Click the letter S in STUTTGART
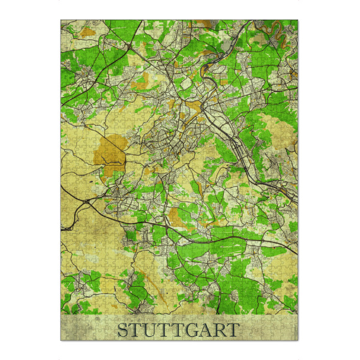(122, 330)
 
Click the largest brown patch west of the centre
(109, 150)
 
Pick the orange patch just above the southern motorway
(176, 216)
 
